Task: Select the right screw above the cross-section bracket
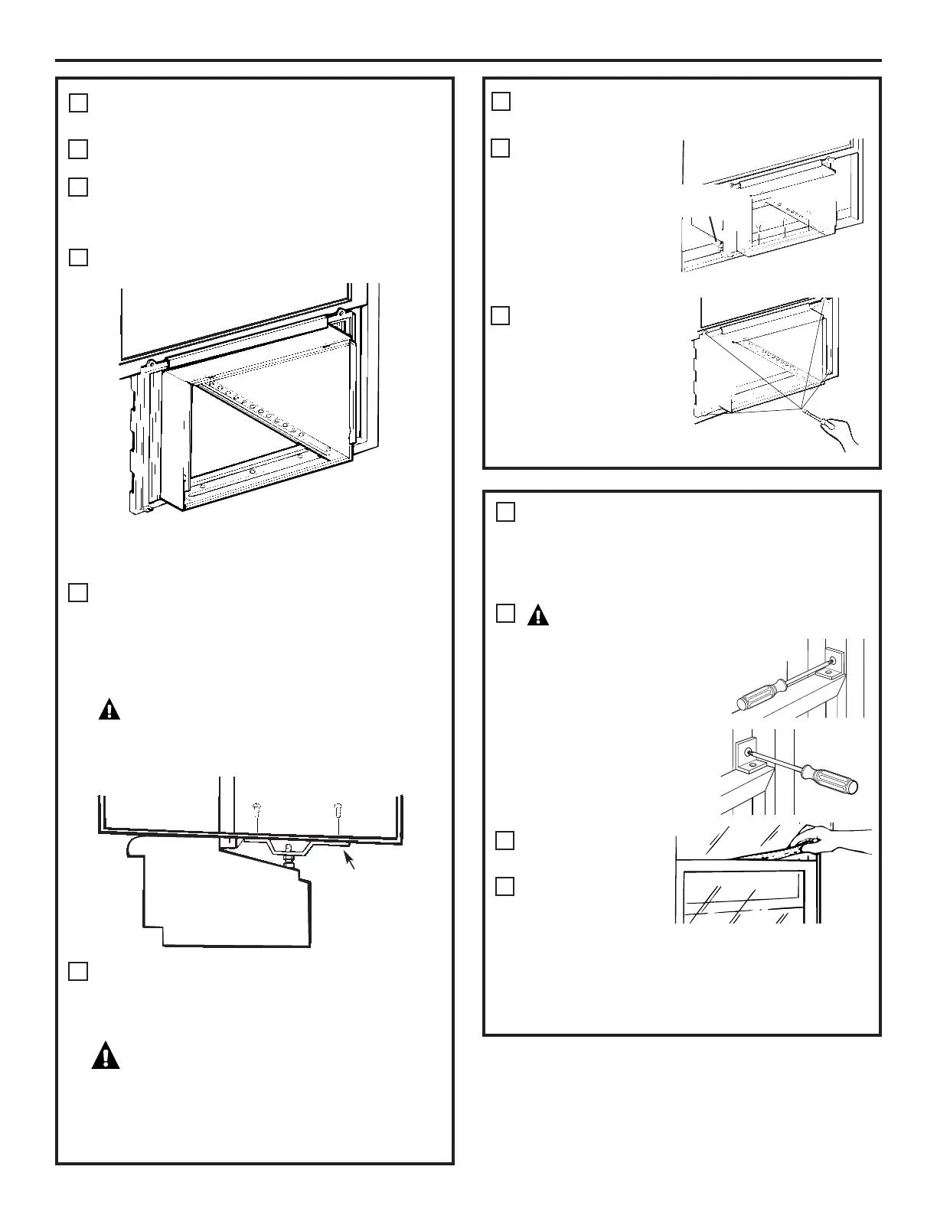tap(338, 810)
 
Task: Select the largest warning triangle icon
tap(106, 1056)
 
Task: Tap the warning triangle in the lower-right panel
tap(538, 615)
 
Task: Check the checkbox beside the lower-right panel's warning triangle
tap(505, 613)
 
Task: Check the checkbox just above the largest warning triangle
tap(78, 971)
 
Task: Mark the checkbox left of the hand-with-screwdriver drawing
tap(500, 315)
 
